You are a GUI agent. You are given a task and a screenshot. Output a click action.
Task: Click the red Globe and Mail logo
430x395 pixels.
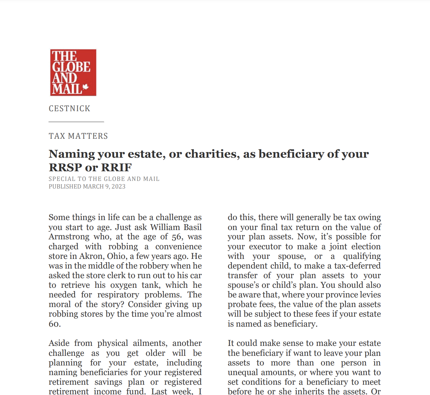[73, 73]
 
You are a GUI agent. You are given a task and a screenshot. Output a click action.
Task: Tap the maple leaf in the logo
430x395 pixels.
[85, 88]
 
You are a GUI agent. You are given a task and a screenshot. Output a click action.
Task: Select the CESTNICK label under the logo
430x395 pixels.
[69, 109]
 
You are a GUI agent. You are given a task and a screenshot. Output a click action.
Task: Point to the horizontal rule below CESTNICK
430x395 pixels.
[76, 122]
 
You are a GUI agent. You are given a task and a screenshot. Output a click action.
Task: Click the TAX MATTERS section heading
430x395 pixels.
[78, 136]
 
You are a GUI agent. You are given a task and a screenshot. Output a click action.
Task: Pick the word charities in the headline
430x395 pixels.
[212, 154]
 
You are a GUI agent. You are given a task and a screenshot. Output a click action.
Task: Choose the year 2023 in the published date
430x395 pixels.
[119, 187]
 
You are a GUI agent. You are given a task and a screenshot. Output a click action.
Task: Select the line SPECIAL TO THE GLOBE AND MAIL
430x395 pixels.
[104, 179]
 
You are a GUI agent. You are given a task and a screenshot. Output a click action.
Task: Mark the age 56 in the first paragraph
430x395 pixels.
[177, 237]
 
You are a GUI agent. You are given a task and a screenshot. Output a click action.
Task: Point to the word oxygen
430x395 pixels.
[124, 285]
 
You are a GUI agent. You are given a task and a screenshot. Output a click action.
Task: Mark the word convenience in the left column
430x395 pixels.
[178, 247]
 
